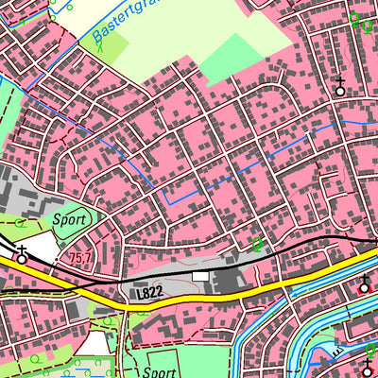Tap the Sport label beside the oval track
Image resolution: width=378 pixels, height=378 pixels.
pyautogui.click(x=70, y=219)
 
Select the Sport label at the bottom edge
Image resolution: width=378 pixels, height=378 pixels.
pyautogui.click(x=160, y=372)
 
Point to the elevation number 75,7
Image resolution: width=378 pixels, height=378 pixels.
pyautogui.click(x=80, y=257)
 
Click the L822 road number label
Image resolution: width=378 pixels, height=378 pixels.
pyautogui.click(x=149, y=294)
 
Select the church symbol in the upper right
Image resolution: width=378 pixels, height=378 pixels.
pyautogui.click(x=339, y=87)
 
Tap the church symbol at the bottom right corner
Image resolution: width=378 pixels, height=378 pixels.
pyautogui.click(x=367, y=369)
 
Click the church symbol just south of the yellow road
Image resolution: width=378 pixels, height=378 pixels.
pyautogui.click(x=366, y=283)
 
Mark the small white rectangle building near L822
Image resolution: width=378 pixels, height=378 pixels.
pyautogui.click(x=200, y=275)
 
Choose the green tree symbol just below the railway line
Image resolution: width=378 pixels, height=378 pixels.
pyautogui.click(x=257, y=244)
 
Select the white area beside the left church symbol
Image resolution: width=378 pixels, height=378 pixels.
pyautogui.click(x=41, y=248)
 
